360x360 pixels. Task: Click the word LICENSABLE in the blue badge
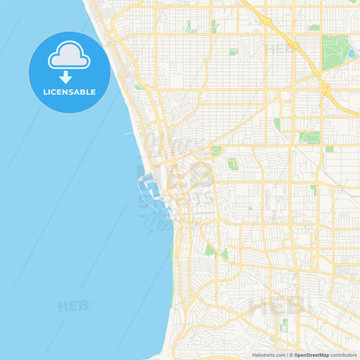(x=70, y=91)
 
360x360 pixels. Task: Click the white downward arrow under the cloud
(x=66, y=76)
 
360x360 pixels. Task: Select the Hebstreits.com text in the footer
(x=268, y=355)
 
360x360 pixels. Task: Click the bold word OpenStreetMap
(x=311, y=355)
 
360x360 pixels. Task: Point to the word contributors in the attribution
(x=344, y=355)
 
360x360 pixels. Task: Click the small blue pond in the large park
(x=351, y=53)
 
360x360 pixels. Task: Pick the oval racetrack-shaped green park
(x=232, y=163)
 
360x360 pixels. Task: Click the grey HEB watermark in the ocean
(x=73, y=306)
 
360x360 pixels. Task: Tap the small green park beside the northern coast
(x=138, y=86)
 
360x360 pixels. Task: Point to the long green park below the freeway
(x=309, y=137)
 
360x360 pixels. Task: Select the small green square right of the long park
(x=329, y=149)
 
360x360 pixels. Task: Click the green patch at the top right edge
(x=314, y=28)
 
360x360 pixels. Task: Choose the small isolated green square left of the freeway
(x=233, y=51)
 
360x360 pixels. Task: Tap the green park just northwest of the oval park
(x=216, y=151)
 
